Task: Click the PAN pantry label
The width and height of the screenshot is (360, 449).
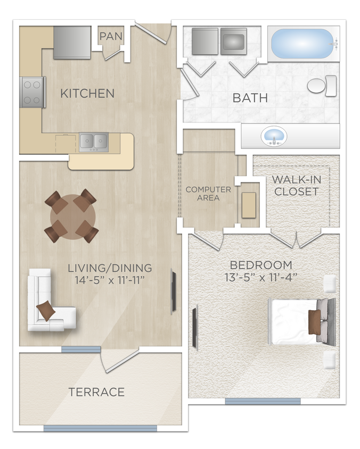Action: (x=111, y=36)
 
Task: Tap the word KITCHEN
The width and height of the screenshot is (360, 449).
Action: (x=87, y=94)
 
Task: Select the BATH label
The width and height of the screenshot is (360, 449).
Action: (x=250, y=98)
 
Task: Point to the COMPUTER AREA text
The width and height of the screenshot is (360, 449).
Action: (x=208, y=194)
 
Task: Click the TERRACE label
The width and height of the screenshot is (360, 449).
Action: (x=96, y=393)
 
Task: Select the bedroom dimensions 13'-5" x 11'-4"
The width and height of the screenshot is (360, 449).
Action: (x=261, y=277)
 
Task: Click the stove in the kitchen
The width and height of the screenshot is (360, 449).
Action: (x=32, y=92)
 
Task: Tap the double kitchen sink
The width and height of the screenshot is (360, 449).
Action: (x=94, y=141)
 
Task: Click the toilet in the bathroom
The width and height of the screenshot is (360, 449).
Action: (x=322, y=86)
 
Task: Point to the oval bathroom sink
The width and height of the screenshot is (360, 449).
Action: (x=274, y=136)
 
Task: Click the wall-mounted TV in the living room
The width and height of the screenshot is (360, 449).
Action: (x=173, y=290)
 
